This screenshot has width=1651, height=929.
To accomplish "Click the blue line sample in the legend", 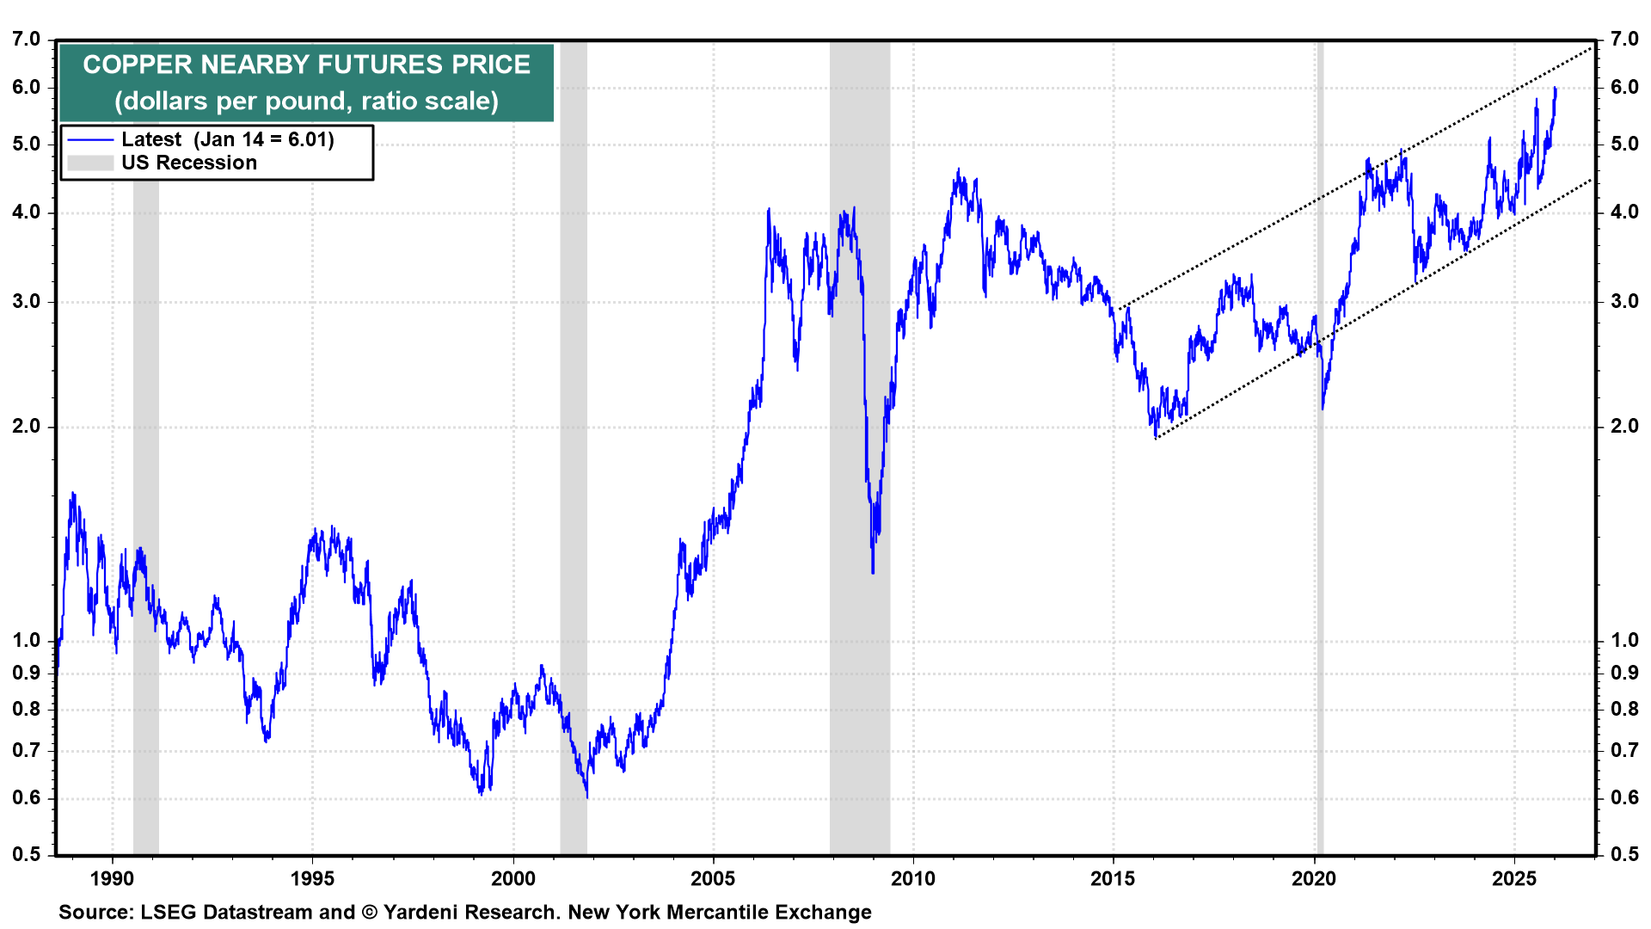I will (x=90, y=140).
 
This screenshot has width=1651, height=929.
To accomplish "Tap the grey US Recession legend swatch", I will (x=90, y=163).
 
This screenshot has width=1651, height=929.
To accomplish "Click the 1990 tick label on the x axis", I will (x=112, y=878).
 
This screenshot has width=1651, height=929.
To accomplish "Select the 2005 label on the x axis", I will (x=713, y=878).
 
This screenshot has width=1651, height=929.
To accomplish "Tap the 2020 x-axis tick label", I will (x=1314, y=878).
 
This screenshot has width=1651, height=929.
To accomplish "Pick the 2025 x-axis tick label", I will (x=1513, y=878).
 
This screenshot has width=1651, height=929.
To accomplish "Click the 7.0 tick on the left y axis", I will (x=27, y=40).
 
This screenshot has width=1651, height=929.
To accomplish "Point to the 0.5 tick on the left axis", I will (x=27, y=854).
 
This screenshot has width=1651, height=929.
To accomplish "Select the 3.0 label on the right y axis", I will (x=1624, y=301).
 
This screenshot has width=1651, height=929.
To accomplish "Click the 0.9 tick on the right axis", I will (x=1624, y=673).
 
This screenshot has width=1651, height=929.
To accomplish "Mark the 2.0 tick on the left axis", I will (x=27, y=427).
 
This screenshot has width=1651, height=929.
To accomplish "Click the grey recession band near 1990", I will (x=146, y=430).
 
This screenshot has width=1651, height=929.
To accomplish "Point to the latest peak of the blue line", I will (x=1555, y=88).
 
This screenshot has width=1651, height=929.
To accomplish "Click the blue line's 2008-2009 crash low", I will (x=873, y=571).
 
